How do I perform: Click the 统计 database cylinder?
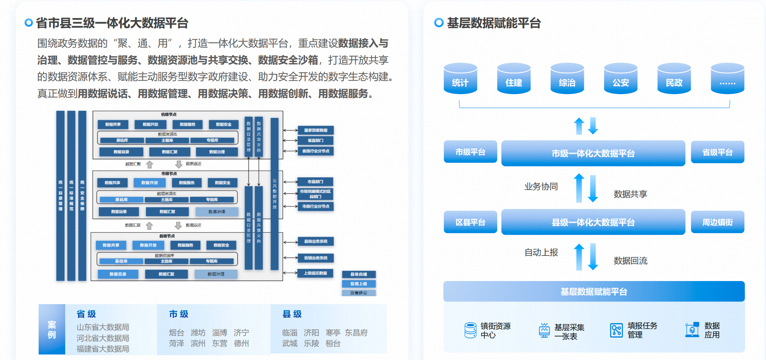(460, 79)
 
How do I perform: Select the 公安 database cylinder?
(620, 79)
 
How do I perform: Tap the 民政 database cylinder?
(674, 79)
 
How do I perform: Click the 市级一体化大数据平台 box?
(593, 153)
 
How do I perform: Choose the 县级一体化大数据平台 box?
(593, 222)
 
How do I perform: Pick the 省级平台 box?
(717, 152)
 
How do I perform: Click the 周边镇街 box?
(717, 222)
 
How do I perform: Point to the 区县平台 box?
(470, 222)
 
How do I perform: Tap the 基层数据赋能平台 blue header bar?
(594, 291)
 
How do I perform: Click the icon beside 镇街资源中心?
(470, 330)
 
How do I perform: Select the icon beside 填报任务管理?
(616, 330)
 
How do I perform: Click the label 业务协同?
(541, 187)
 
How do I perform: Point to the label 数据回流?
(630, 261)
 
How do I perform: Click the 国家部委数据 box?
(316, 130)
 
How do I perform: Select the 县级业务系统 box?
(316, 241)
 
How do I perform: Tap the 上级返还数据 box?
(315, 273)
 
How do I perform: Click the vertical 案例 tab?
(52, 329)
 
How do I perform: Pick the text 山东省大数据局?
(103, 327)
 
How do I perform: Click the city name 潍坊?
(198, 332)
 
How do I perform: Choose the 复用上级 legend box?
(359, 284)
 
